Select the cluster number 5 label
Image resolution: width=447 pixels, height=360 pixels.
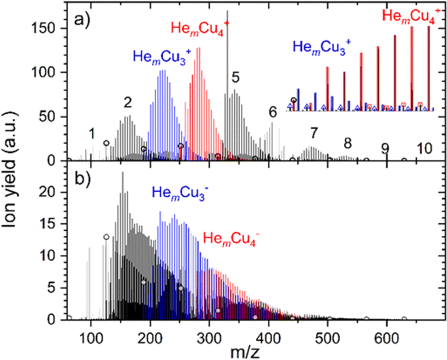[235, 78]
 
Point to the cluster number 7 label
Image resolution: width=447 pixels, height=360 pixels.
[314, 133]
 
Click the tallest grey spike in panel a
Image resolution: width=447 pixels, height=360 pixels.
[227, 46]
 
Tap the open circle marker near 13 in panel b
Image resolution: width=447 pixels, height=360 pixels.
[106, 237]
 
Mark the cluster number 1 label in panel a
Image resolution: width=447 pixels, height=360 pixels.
[92, 133]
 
